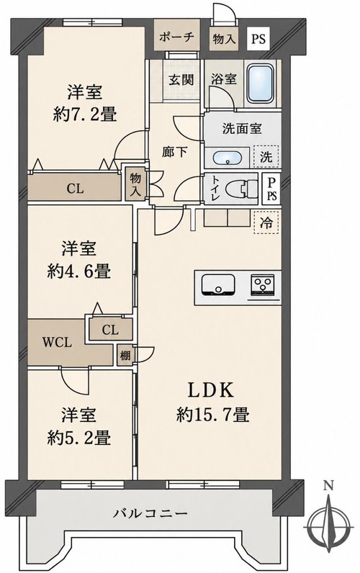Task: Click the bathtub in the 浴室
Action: (x=260, y=84)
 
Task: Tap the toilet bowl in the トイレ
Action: (x=241, y=189)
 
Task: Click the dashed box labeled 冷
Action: (x=266, y=222)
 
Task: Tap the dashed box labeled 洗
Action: (x=266, y=156)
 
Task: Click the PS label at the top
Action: (x=258, y=38)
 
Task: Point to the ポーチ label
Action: (x=176, y=37)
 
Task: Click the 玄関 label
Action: (x=181, y=79)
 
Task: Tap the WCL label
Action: (x=57, y=342)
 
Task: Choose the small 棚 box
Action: (x=125, y=355)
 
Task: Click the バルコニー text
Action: (x=150, y=513)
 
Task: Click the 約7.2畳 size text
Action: (x=85, y=115)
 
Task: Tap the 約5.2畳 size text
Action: (x=79, y=437)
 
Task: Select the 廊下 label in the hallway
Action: (x=175, y=152)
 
